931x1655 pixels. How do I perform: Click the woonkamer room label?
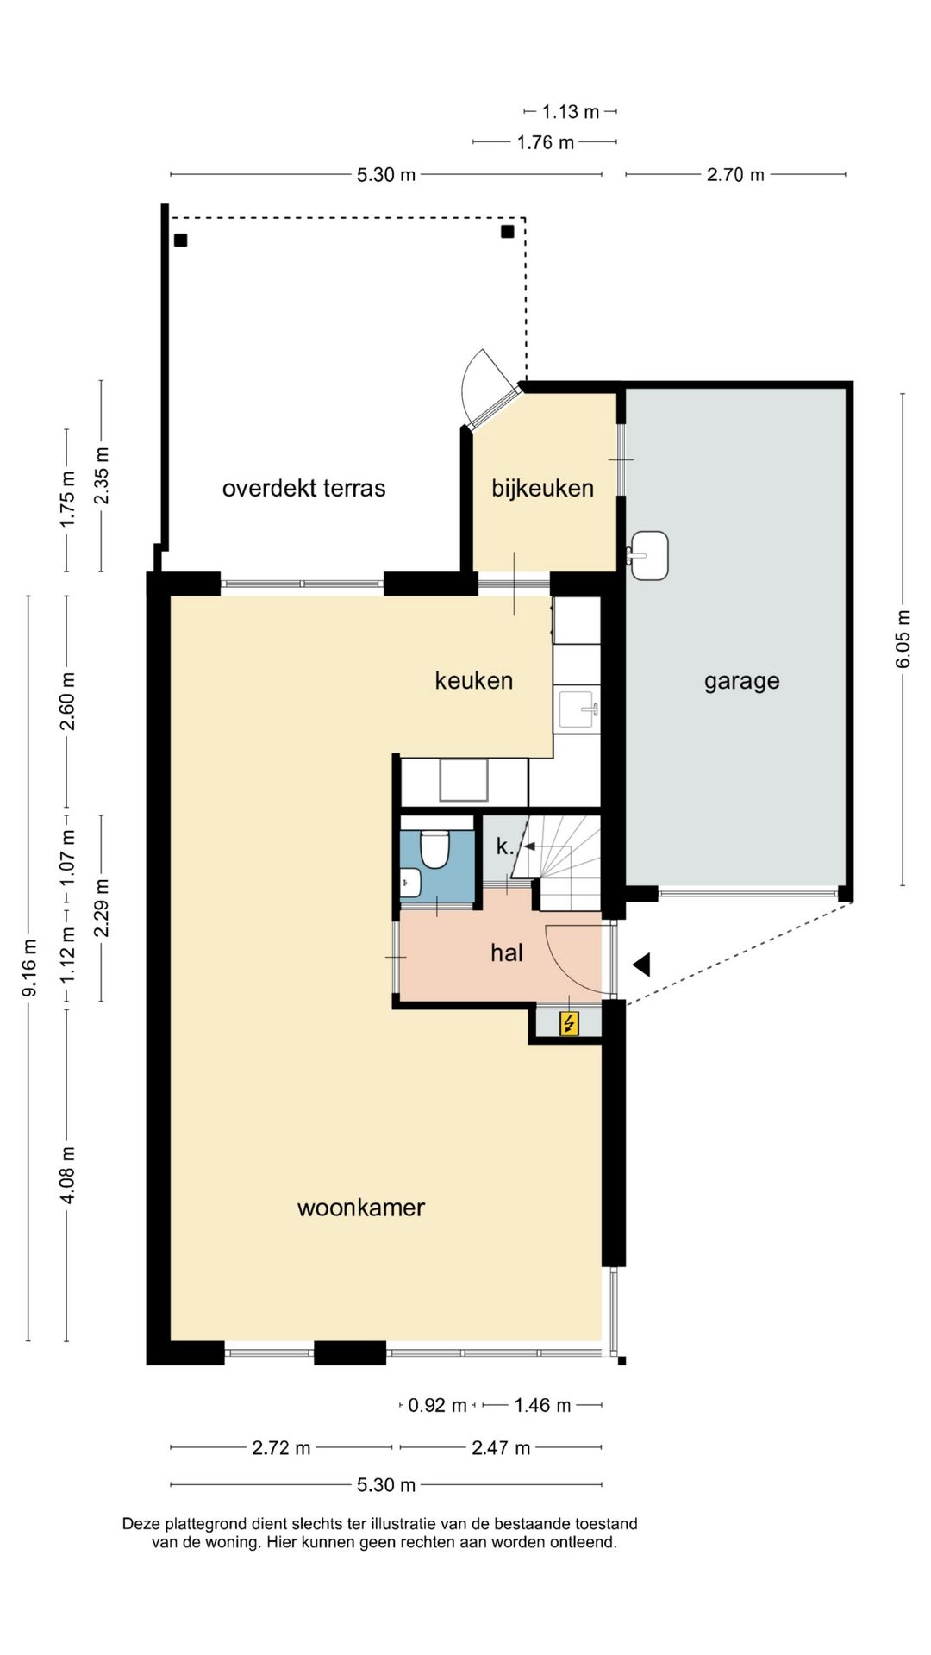pyautogui.click(x=360, y=1208)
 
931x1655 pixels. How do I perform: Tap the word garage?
pyautogui.click(x=741, y=681)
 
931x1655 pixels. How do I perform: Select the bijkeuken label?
pyautogui.click(x=542, y=488)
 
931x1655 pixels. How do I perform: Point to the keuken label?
pyautogui.click(x=473, y=681)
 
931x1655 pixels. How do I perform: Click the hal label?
pyautogui.click(x=506, y=952)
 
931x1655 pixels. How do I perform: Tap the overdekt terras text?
pyautogui.click(x=303, y=488)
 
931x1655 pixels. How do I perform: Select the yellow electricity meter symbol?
pyautogui.click(x=569, y=1024)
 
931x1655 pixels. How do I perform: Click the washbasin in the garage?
pyautogui.click(x=648, y=555)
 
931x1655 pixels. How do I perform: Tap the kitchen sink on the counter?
pyautogui.click(x=578, y=709)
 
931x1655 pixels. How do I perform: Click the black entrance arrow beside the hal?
pyautogui.click(x=641, y=965)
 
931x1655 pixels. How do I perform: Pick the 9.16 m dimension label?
pyautogui.click(x=29, y=967)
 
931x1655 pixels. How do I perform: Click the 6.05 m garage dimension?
pyautogui.click(x=903, y=639)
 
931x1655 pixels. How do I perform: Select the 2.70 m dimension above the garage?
pyautogui.click(x=735, y=175)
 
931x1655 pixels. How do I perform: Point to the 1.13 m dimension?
pyautogui.click(x=570, y=112)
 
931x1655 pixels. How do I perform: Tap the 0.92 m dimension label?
pyautogui.click(x=437, y=1406)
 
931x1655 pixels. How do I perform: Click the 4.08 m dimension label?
pyautogui.click(x=68, y=1175)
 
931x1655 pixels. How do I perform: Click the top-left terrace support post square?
pyautogui.click(x=180, y=240)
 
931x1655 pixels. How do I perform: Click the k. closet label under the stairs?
pyautogui.click(x=504, y=846)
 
